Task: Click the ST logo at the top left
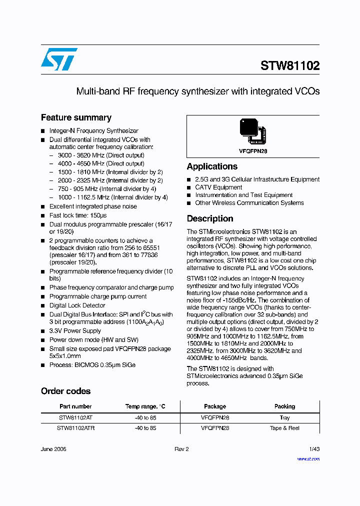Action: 59,59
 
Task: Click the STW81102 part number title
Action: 290,66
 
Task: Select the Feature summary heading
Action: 76,118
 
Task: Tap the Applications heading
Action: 212,166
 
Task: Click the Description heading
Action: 210,218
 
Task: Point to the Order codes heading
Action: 65,391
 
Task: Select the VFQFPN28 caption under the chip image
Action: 252,151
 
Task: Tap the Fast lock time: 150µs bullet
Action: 78,215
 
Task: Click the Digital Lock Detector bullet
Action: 77,305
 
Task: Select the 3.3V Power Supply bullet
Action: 75,331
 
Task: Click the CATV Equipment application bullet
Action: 218,187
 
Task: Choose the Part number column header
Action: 75,406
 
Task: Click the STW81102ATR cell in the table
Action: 75,428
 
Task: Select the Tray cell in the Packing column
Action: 284,417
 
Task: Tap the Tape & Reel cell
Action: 284,428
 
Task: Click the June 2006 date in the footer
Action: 53,449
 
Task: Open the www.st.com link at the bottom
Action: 308,458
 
